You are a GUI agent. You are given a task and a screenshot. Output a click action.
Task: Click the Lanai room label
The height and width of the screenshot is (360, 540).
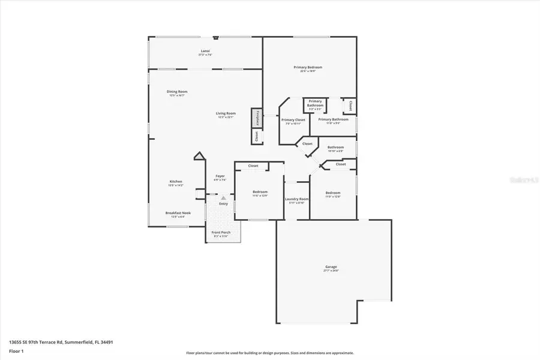(205, 53)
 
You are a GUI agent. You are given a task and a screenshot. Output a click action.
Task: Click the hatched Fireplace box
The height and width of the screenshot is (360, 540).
(257, 118)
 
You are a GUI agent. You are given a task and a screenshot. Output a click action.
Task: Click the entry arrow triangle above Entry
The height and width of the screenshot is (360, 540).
(224, 197)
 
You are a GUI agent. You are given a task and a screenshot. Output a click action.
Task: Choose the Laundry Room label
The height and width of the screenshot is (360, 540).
(296, 200)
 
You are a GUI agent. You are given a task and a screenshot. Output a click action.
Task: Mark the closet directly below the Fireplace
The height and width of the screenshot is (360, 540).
(257, 137)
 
